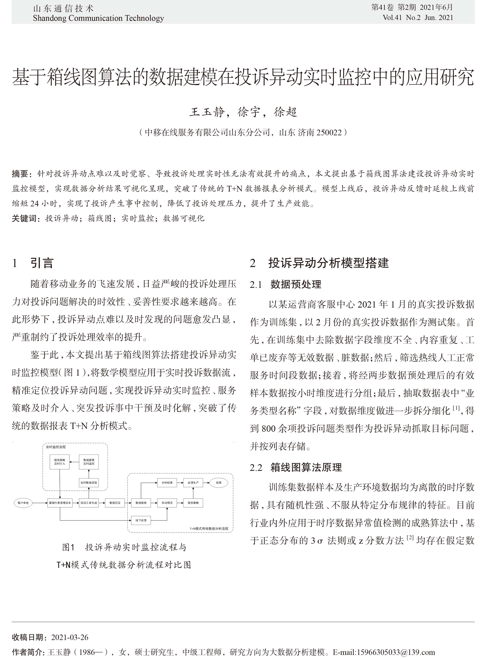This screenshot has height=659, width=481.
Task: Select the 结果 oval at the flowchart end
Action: pos(219,483)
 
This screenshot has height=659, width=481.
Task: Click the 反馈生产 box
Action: pos(193,483)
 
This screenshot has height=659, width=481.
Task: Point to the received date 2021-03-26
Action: pos(70,637)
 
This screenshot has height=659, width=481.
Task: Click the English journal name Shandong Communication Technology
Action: pos(98,18)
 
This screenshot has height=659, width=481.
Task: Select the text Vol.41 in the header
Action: pos(392,18)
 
